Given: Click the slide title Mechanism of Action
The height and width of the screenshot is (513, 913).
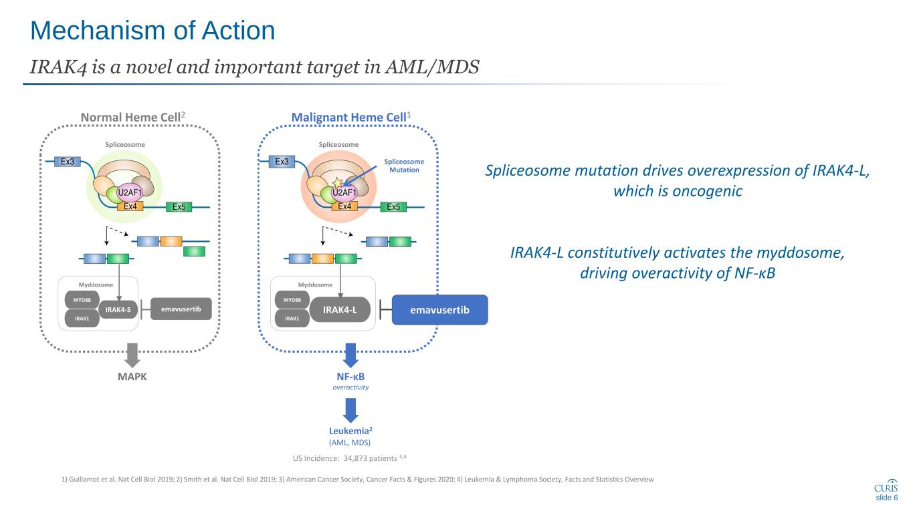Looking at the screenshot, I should coord(153,31).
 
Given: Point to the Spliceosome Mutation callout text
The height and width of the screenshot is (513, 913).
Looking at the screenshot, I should coord(405,166).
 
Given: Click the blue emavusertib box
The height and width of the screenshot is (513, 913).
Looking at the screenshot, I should coord(439,311).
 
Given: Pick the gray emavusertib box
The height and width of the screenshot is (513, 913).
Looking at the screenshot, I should coord(181,309).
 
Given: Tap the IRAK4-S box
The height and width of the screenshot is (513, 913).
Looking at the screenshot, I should coord(119,309).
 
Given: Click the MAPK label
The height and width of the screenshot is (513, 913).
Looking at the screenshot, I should coord(132,377).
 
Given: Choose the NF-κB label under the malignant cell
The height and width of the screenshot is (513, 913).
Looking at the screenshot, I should coord(351,377).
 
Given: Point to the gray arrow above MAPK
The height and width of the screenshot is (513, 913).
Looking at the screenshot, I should coord(132,353).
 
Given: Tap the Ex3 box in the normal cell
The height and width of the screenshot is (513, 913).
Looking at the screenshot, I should coord(67,161).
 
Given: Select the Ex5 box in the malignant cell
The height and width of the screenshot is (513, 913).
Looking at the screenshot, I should coord(394,206).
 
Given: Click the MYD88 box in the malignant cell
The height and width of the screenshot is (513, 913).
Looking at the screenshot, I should coord(292,300).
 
